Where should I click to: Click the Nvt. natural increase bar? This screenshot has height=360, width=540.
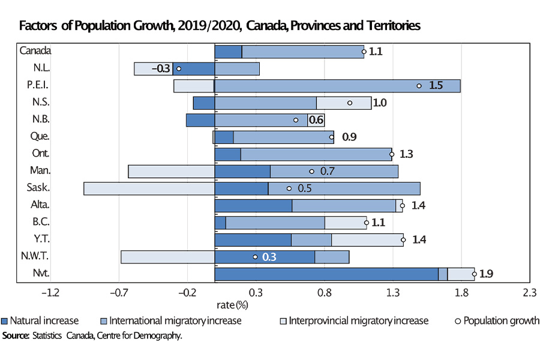coord(326,274)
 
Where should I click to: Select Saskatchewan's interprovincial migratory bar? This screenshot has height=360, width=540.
coord(149,188)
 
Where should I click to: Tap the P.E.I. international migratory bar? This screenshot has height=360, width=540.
coord(337,86)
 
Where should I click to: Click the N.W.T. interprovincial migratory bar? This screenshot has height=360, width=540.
coord(167,257)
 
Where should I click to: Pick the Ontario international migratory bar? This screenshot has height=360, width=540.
coord(316,154)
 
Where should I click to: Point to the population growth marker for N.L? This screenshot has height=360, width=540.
coord(179,68)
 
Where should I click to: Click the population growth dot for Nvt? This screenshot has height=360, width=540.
coord(474,274)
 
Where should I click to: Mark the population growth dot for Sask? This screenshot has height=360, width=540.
coord(289,188)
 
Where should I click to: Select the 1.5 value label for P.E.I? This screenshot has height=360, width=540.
coord(436,86)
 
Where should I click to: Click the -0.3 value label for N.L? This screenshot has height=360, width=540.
coord(161,68)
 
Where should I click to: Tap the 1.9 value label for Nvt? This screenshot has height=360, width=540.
coord(486,274)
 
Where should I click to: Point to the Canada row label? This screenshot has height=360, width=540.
coord(35,51)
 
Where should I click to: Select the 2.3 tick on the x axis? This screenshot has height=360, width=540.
coord(529,293)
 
